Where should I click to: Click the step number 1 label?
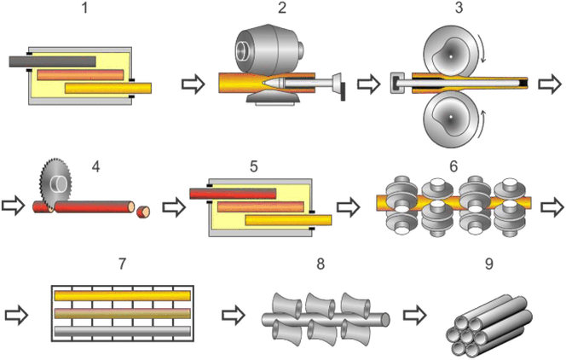(85, 8)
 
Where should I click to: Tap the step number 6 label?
(453, 166)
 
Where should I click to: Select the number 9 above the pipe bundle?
(488, 264)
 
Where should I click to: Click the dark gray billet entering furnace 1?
(52, 61)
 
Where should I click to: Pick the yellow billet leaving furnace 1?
(108, 88)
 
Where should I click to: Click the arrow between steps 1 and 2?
(193, 84)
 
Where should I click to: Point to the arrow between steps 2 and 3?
(369, 84)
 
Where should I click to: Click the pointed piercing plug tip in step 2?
(265, 83)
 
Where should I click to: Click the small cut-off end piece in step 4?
(143, 212)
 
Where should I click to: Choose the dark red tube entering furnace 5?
(233, 194)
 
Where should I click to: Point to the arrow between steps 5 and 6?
(349, 207)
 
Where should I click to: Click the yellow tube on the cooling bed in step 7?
(123, 295)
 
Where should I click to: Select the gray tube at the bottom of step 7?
(123, 331)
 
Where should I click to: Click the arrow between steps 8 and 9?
(415, 315)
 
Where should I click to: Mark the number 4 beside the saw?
(95, 167)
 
